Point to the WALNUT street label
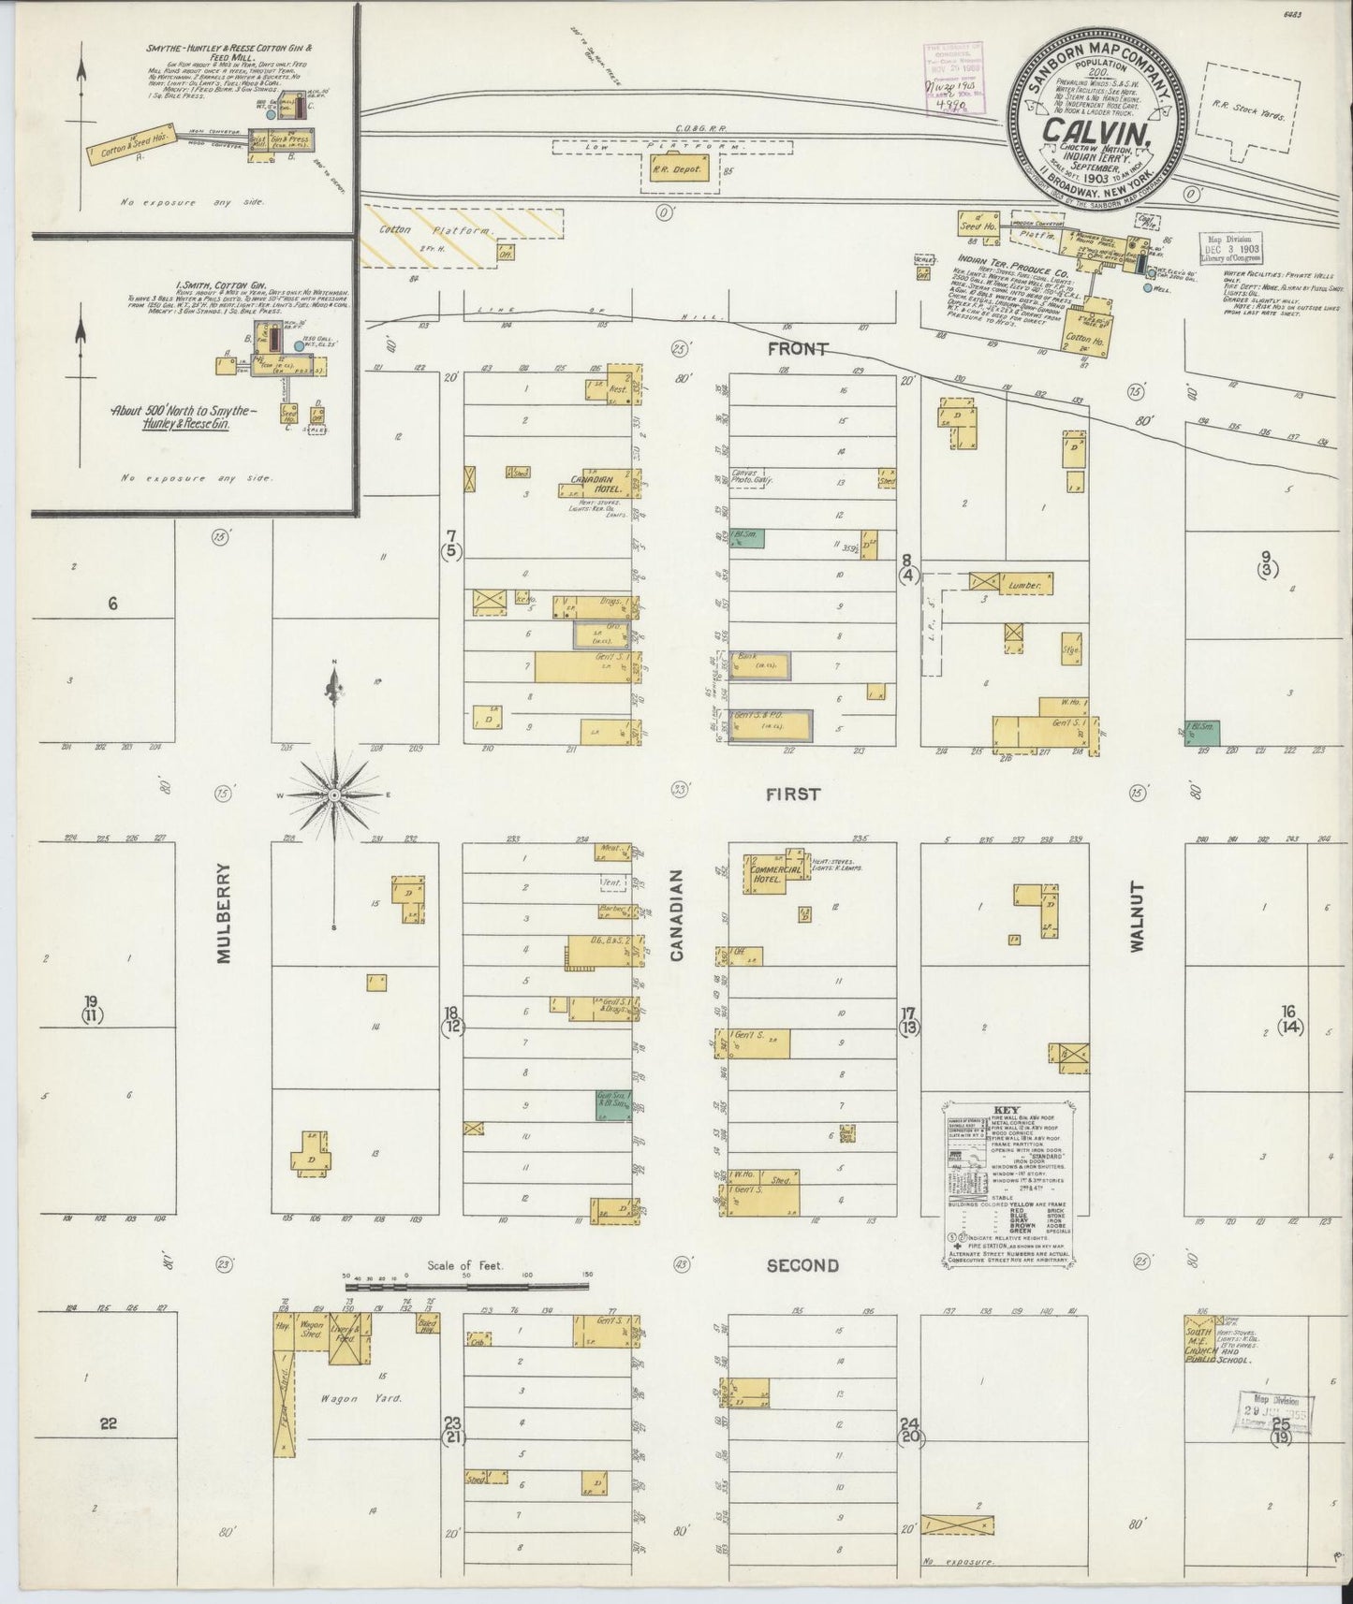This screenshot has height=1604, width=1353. pos(1137,916)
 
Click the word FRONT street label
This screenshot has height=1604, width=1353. pos(797,349)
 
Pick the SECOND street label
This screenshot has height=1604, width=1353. pos(802,1265)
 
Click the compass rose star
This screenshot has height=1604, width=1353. pos(333,795)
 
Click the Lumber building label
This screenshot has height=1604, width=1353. pos(1026,586)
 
